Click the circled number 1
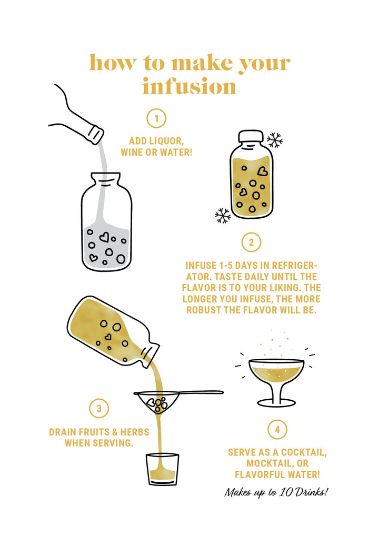[156, 118]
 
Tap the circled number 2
[252, 242]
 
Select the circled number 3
[99, 409]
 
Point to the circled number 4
[277, 429]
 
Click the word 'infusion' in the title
[189, 86]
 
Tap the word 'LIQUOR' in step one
[166, 141]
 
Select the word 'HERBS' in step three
[135, 432]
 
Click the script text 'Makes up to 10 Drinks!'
[276, 492]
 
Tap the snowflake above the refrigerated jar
[275, 140]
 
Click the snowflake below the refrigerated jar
[223, 215]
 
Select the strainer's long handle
[201, 392]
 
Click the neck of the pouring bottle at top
[95, 134]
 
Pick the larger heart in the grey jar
[104, 237]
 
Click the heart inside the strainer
[151, 402]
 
